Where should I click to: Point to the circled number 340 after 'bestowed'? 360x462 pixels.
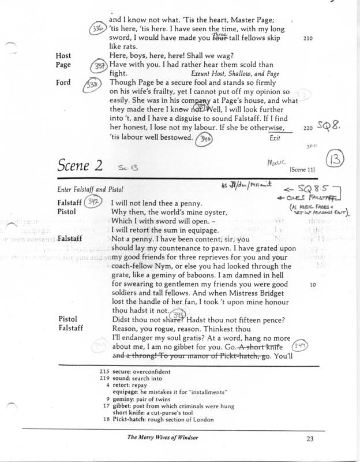tap(204, 139)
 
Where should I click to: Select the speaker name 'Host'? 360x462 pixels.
tap(63, 55)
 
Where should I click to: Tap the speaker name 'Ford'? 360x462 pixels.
tap(63, 83)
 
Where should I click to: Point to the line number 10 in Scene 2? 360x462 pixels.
tap(313, 285)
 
